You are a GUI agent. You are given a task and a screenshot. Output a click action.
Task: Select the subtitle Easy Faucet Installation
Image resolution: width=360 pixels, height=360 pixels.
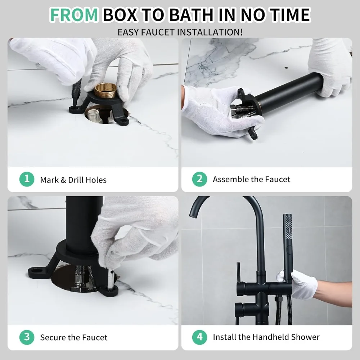[x=180, y=32]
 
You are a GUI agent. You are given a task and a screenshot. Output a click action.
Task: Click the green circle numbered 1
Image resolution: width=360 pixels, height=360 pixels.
[x=27, y=179]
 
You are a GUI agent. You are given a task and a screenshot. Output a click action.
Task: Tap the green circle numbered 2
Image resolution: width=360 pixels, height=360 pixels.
[x=199, y=179]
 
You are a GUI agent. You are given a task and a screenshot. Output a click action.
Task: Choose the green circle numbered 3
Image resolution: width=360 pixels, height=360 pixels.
[x=27, y=337]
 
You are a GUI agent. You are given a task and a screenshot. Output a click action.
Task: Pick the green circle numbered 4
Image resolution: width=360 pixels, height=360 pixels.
[x=199, y=337]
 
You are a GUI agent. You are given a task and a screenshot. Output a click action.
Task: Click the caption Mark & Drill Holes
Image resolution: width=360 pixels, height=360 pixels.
[x=73, y=180]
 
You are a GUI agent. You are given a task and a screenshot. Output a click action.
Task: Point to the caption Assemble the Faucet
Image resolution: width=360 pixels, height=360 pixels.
[x=251, y=179]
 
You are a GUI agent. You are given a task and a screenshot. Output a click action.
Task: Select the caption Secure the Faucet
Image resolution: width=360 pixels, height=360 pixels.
[x=73, y=337]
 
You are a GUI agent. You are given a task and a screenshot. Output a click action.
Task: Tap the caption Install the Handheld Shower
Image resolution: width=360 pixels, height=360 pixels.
[x=266, y=337]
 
